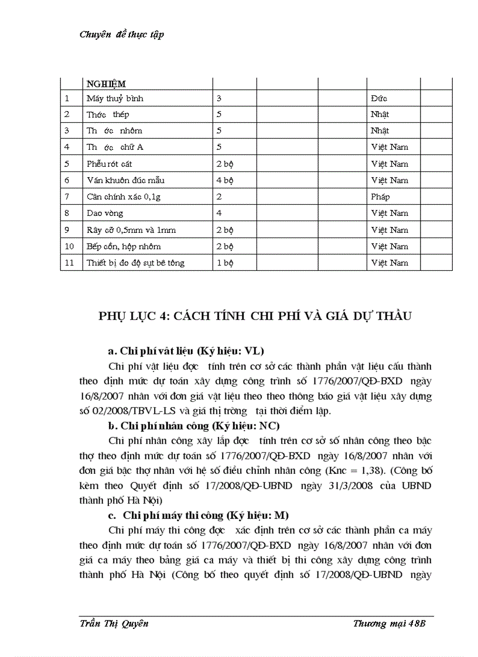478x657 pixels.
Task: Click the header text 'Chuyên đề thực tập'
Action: pos(121,35)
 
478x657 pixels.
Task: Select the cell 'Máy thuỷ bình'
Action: pos(115,98)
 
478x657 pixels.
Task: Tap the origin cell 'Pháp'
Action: pos(380,197)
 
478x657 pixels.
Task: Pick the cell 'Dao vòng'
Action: pos(105,214)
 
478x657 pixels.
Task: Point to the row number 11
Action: pos(70,263)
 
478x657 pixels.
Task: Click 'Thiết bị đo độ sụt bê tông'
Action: pos(135,263)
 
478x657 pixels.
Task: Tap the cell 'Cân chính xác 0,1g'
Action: pos(124,197)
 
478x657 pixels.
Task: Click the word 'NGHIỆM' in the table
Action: pos(106,84)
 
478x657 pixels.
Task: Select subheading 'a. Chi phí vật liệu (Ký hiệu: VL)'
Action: pos(186,351)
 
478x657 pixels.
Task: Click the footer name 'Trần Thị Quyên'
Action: pos(114,624)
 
